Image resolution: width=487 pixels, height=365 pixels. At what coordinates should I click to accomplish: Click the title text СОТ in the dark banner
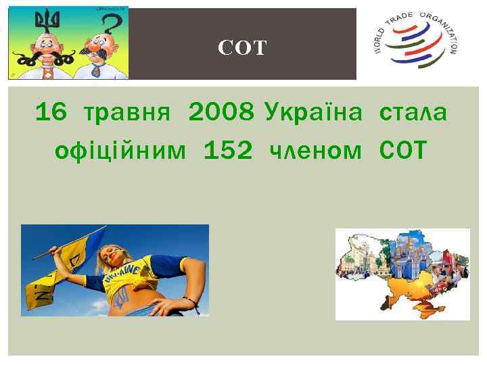click(243, 47)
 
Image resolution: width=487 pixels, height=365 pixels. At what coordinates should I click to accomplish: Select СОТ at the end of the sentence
click(404, 150)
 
